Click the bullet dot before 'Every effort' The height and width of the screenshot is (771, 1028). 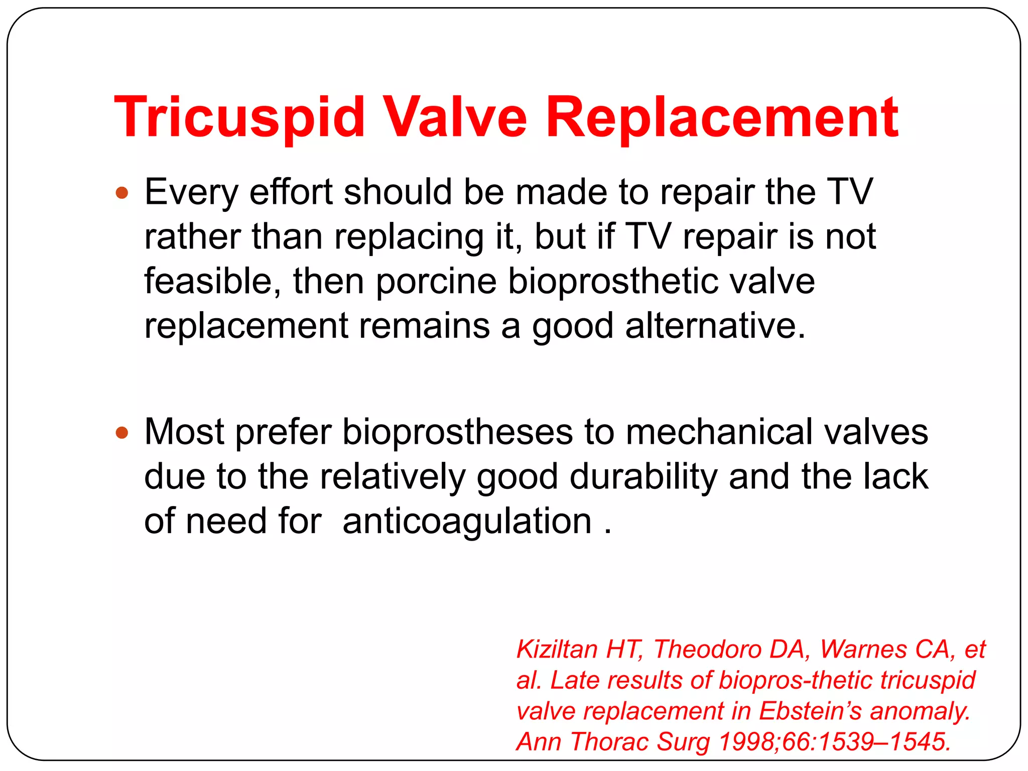coord(122,193)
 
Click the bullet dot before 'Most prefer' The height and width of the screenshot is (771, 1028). coord(122,433)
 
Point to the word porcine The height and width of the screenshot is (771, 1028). coord(436,281)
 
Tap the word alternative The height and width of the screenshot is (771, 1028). coord(715,326)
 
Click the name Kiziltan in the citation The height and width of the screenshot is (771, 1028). coord(558,650)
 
